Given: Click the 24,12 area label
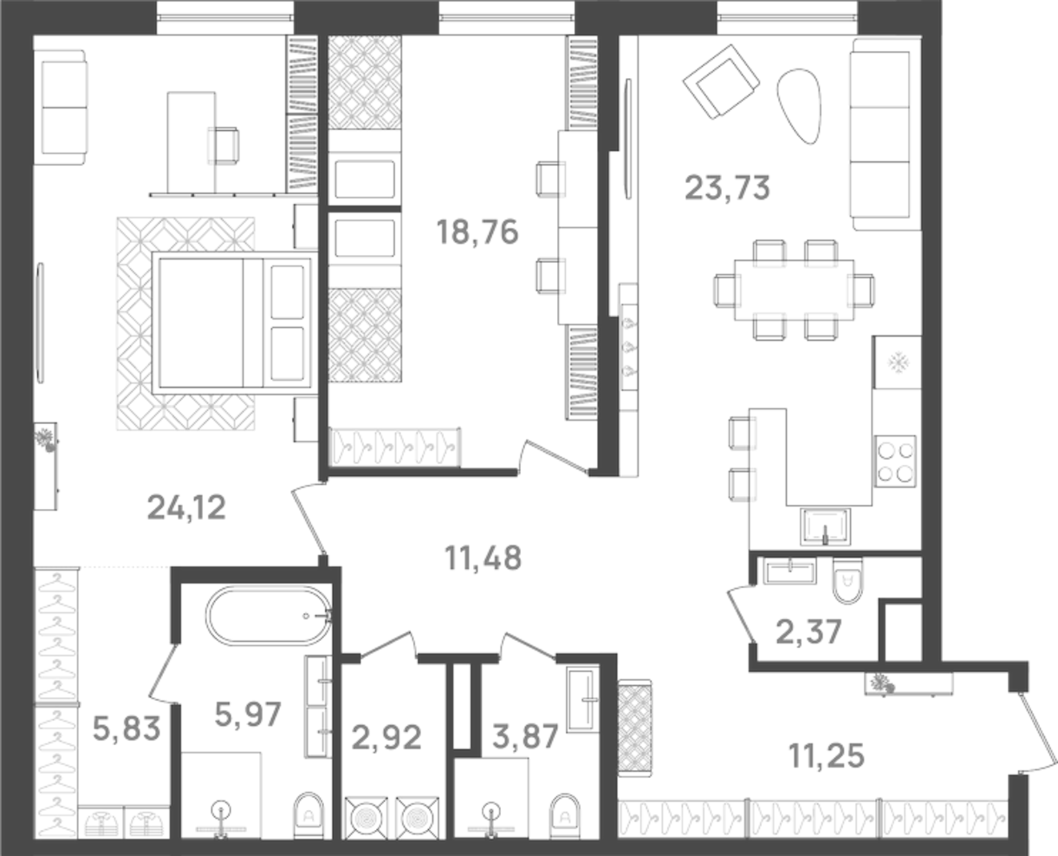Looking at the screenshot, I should tap(187, 508).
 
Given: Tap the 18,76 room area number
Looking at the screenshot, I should tap(477, 233).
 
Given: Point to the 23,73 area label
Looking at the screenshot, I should tap(728, 187).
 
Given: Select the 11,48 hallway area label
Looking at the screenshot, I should tap(483, 558).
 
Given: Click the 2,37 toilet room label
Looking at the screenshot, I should tap(809, 631).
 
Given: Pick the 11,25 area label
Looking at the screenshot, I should tap(826, 756).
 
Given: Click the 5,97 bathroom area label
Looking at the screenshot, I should tap(248, 714).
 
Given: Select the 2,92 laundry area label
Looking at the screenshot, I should tap(386, 738).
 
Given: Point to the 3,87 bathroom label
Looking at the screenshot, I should tap(525, 737).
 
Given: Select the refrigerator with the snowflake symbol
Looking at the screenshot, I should tap(897, 362).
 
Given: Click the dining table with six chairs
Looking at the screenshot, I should tap(794, 289).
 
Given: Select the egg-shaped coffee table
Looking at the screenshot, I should tap(801, 104).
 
